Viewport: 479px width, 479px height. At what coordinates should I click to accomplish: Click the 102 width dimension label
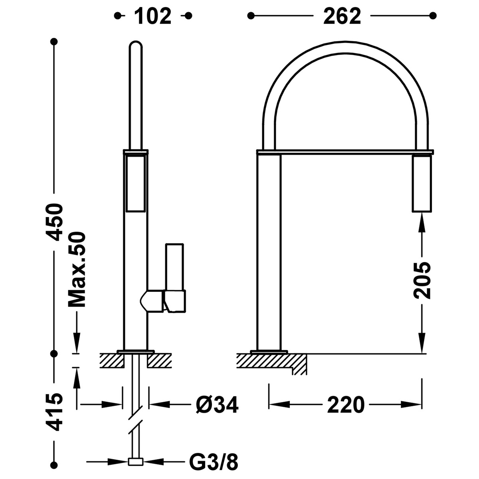(153, 16)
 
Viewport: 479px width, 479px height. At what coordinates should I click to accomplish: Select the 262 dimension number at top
(342, 16)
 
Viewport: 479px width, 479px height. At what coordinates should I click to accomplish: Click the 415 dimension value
(53, 412)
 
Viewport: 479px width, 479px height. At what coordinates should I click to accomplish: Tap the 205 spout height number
(422, 280)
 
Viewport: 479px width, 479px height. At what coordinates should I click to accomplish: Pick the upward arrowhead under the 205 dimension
(422, 221)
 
